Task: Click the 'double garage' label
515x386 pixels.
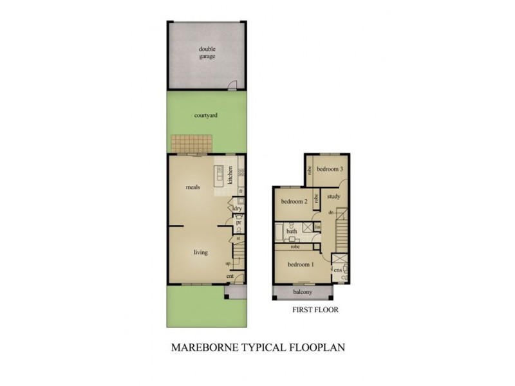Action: [207, 52]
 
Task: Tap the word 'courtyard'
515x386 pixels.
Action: [206, 116]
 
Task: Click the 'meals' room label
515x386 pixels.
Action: [193, 187]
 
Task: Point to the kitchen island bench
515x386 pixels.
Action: [219, 174]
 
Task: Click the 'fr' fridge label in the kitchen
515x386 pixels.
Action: [240, 191]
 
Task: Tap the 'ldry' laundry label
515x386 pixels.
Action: [238, 208]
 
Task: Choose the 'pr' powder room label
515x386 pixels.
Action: [238, 223]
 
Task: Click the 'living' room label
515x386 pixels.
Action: [200, 252]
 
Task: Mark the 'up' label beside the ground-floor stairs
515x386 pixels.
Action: [228, 264]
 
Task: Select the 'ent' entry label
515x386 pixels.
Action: [229, 277]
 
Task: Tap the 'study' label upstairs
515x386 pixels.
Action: [333, 196]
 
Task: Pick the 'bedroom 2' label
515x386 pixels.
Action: [294, 201]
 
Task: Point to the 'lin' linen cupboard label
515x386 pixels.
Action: [317, 227]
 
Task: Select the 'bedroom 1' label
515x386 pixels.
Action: [301, 265]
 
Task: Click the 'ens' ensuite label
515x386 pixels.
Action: [337, 270]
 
